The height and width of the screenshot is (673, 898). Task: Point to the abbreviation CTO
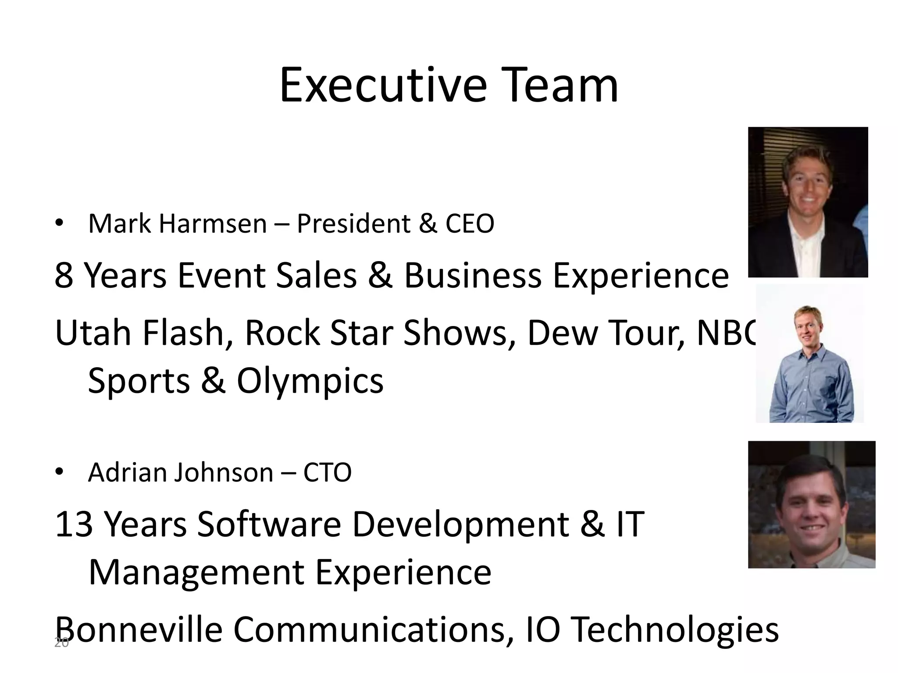click(x=327, y=472)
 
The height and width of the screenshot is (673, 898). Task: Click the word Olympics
click(x=310, y=380)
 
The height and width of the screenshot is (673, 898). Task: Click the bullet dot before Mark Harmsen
click(x=59, y=223)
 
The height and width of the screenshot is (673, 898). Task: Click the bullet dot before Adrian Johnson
click(x=59, y=472)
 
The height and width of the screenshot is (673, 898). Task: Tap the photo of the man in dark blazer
click(x=808, y=202)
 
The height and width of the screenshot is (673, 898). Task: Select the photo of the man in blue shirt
click(x=809, y=353)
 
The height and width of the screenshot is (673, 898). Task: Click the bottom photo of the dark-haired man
click(x=811, y=504)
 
